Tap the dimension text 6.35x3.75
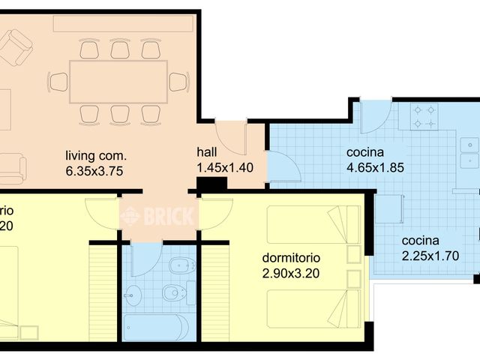[94, 171]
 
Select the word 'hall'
[208, 150]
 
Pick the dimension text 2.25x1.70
[430, 256]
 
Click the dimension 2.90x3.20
[291, 273]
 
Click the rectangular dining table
[118, 81]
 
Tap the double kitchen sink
[469, 152]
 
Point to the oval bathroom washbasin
[135, 295]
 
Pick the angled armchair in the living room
[16, 48]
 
